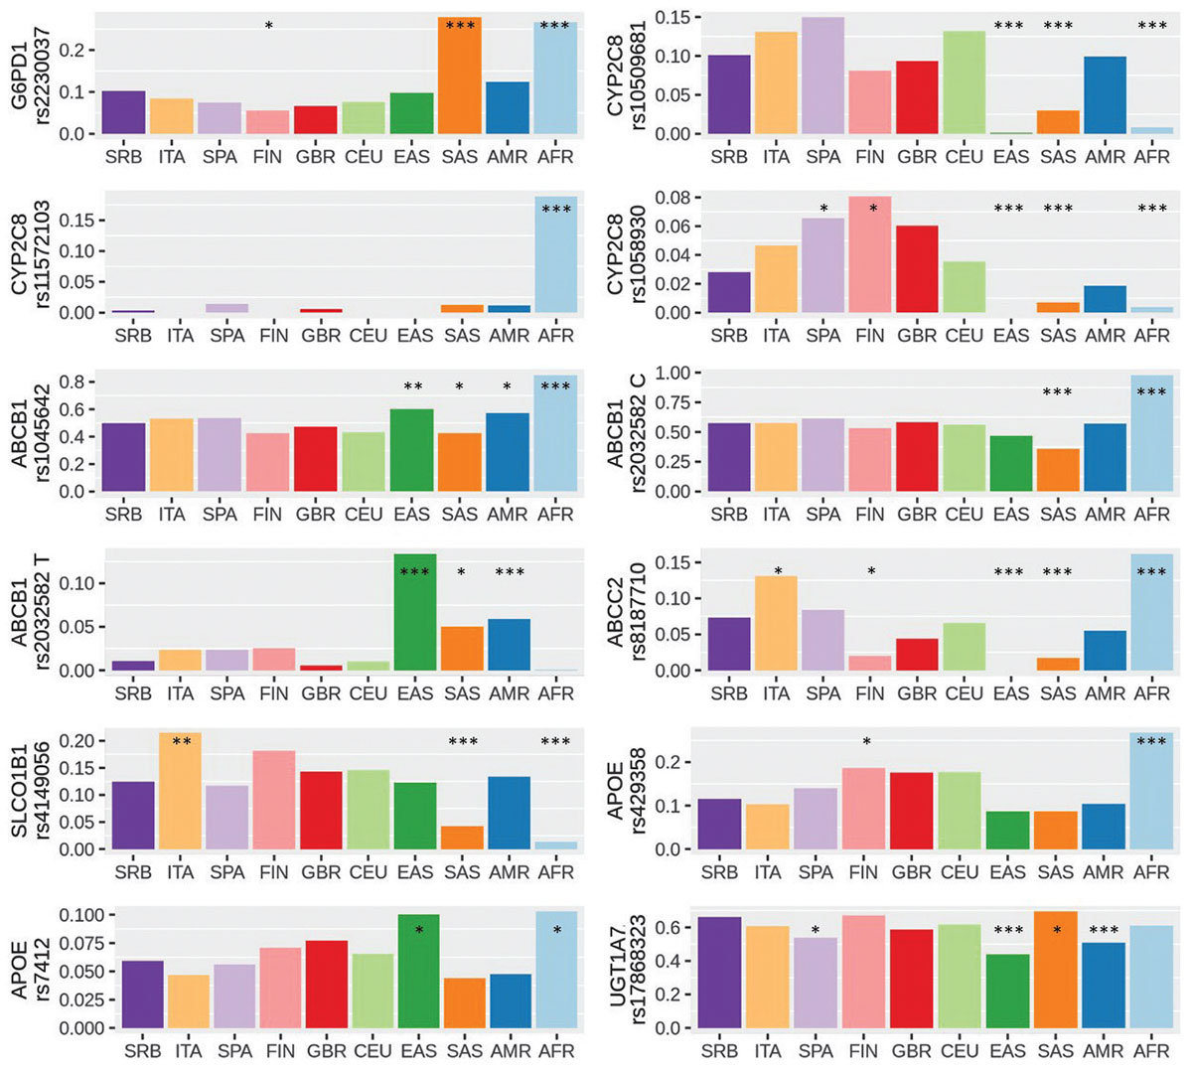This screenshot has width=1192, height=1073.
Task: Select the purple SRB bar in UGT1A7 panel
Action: tap(719, 973)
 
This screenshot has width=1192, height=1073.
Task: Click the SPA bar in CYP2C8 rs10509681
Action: tap(822, 76)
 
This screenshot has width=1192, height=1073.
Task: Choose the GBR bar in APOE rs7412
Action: tap(327, 985)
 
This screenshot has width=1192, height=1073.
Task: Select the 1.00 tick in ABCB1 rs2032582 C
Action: tap(672, 373)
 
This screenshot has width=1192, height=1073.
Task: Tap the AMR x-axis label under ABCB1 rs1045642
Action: tap(509, 515)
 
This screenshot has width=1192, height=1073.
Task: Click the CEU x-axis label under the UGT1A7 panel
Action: tap(960, 1051)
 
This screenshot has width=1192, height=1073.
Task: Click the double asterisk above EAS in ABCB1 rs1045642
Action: tap(413, 386)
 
